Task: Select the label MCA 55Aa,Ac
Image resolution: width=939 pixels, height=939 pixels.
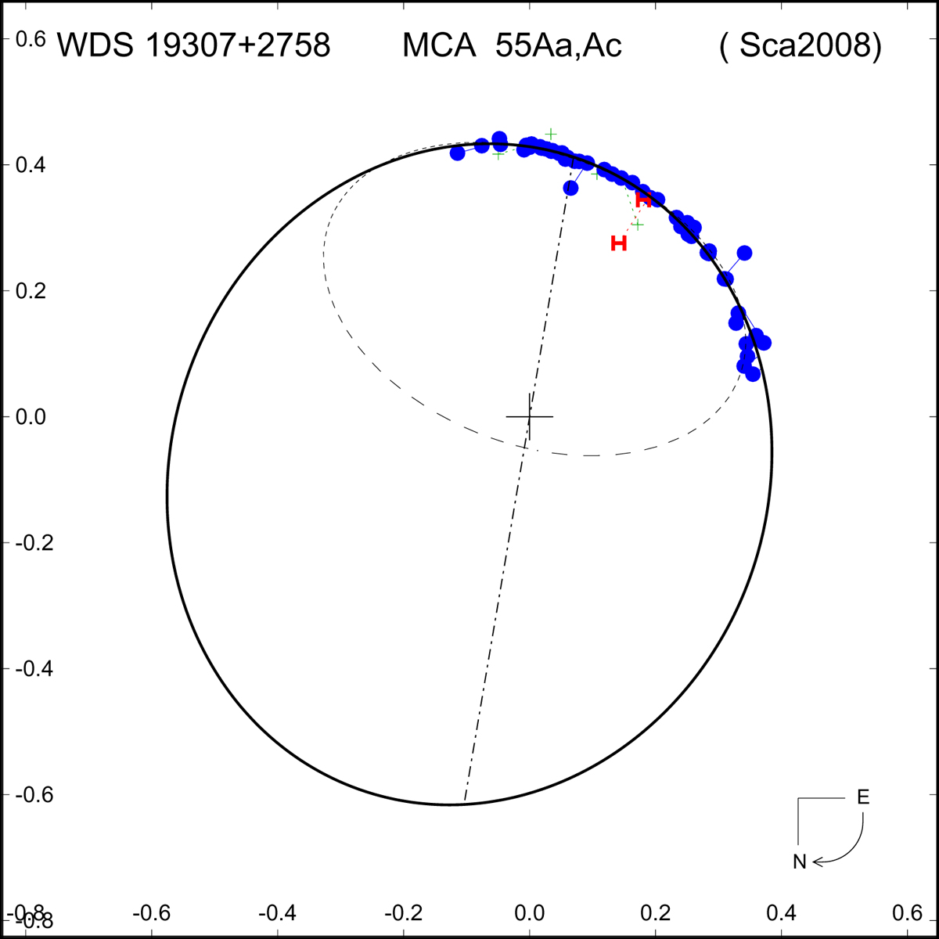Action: [512, 47]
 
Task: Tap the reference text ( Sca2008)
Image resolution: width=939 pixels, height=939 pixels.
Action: [800, 47]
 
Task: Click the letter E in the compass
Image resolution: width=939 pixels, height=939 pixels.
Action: [863, 797]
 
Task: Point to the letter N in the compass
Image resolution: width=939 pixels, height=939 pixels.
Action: [799, 862]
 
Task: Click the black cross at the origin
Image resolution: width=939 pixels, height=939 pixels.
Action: [530, 416]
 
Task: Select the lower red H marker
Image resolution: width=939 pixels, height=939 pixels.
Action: [619, 243]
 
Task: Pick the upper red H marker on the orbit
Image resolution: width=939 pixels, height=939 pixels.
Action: [643, 200]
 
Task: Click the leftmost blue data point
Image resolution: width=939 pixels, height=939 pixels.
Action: [458, 153]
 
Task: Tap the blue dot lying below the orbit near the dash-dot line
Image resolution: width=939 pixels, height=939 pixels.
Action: [570, 188]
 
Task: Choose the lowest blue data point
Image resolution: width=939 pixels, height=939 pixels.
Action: [753, 374]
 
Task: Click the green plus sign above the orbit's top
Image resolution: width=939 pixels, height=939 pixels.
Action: [551, 134]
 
